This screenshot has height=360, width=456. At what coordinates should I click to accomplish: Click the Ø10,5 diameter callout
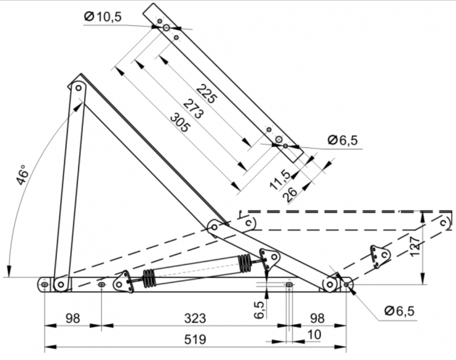click(103, 17)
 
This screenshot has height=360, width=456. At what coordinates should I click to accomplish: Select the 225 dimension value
click(206, 94)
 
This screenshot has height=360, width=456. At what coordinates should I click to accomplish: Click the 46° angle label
click(23, 175)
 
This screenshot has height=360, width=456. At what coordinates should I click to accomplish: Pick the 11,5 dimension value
click(280, 180)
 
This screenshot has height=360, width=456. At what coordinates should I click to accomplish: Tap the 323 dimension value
click(194, 319)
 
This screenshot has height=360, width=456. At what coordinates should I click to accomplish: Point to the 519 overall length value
click(194, 339)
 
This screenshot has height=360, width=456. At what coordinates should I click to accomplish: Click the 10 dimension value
click(315, 335)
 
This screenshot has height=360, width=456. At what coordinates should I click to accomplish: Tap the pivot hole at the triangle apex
click(78, 87)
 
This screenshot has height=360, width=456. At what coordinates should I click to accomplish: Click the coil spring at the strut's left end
click(149, 278)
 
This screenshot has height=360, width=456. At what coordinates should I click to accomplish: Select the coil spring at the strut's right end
click(245, 262)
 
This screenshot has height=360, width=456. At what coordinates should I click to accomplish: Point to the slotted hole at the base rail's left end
click(44, 284)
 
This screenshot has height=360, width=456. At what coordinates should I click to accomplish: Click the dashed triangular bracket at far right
click(380, 256)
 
